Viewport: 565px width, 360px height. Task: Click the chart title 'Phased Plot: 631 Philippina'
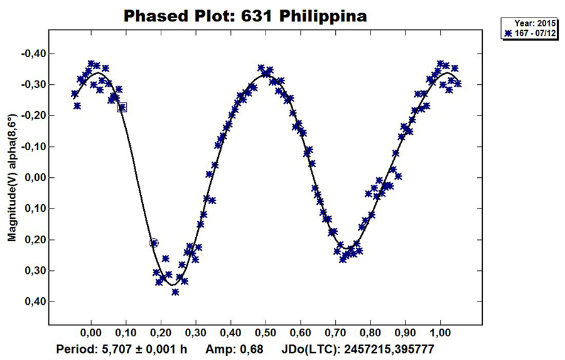[x=245, y=15]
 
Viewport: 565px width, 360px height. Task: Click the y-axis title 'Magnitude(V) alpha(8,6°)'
[x=11, y=178]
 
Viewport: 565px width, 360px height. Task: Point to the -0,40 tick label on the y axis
[x=32, y=53]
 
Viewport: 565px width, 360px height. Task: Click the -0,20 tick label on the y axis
[x=32, y=116]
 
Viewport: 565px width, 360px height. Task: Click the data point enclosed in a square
[x=122, y=107]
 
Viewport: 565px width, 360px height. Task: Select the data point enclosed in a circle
[x=154, y=243]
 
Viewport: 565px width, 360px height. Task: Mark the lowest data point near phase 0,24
[x=175, y=292]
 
